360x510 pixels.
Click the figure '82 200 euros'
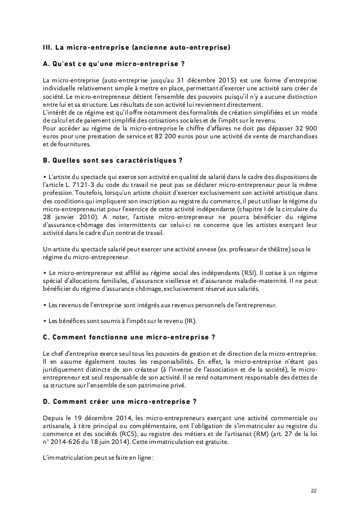click(160, 136)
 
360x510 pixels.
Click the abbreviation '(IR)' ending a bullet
click(189, 321)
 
